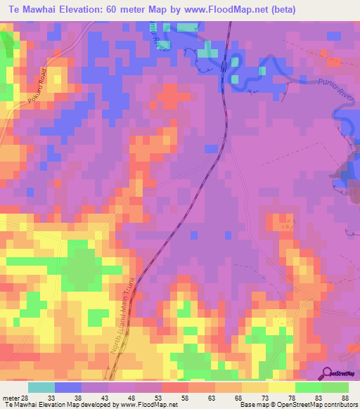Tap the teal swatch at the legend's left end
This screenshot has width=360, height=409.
[41, 388]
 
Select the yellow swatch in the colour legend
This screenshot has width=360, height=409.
[281, 388]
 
